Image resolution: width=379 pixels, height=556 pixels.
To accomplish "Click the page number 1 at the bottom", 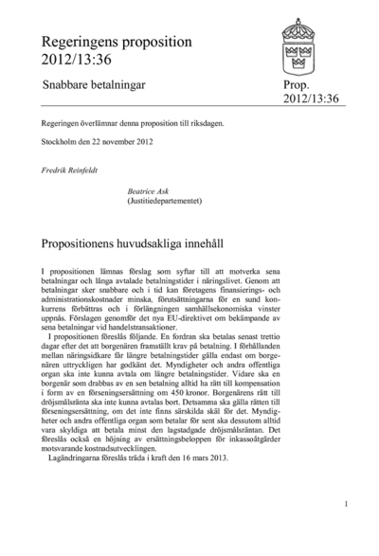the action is [347, 504].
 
